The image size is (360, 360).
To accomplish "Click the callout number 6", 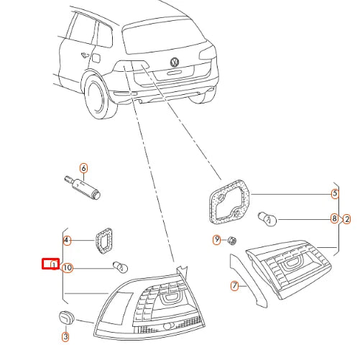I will [x=83, y=168].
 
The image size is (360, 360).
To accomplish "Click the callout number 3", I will [x=65, y=336].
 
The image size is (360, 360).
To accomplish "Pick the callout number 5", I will [x=334, y=193].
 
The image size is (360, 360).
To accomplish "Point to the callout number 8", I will [x=334, y=218].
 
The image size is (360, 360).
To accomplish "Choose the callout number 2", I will [x=347, y=218].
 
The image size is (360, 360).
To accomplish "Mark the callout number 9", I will [x=216, y=239].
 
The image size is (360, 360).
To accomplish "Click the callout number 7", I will [x=234, y=286].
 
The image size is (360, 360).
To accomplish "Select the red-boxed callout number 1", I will [x=51, y=264].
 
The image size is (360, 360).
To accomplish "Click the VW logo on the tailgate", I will [x=175, y=63].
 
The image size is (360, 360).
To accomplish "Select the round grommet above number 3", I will [x=65, y=318].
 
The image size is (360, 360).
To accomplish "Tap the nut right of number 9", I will [x=232, y=239].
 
